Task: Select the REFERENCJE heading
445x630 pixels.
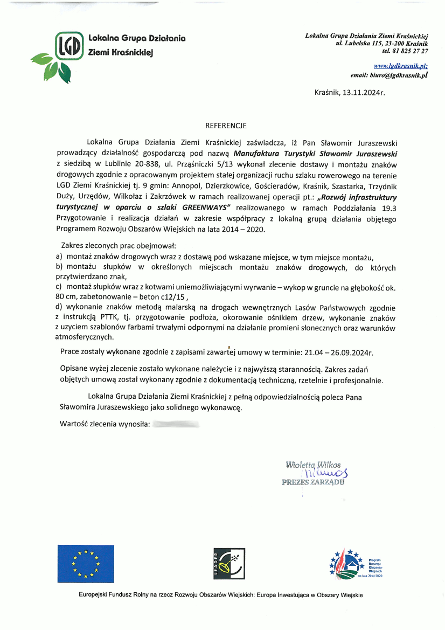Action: point(226,126)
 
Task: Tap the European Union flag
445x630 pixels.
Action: point(86,564)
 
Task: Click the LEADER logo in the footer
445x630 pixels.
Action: point(230,564)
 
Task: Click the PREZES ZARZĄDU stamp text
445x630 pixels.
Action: point(313,482)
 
